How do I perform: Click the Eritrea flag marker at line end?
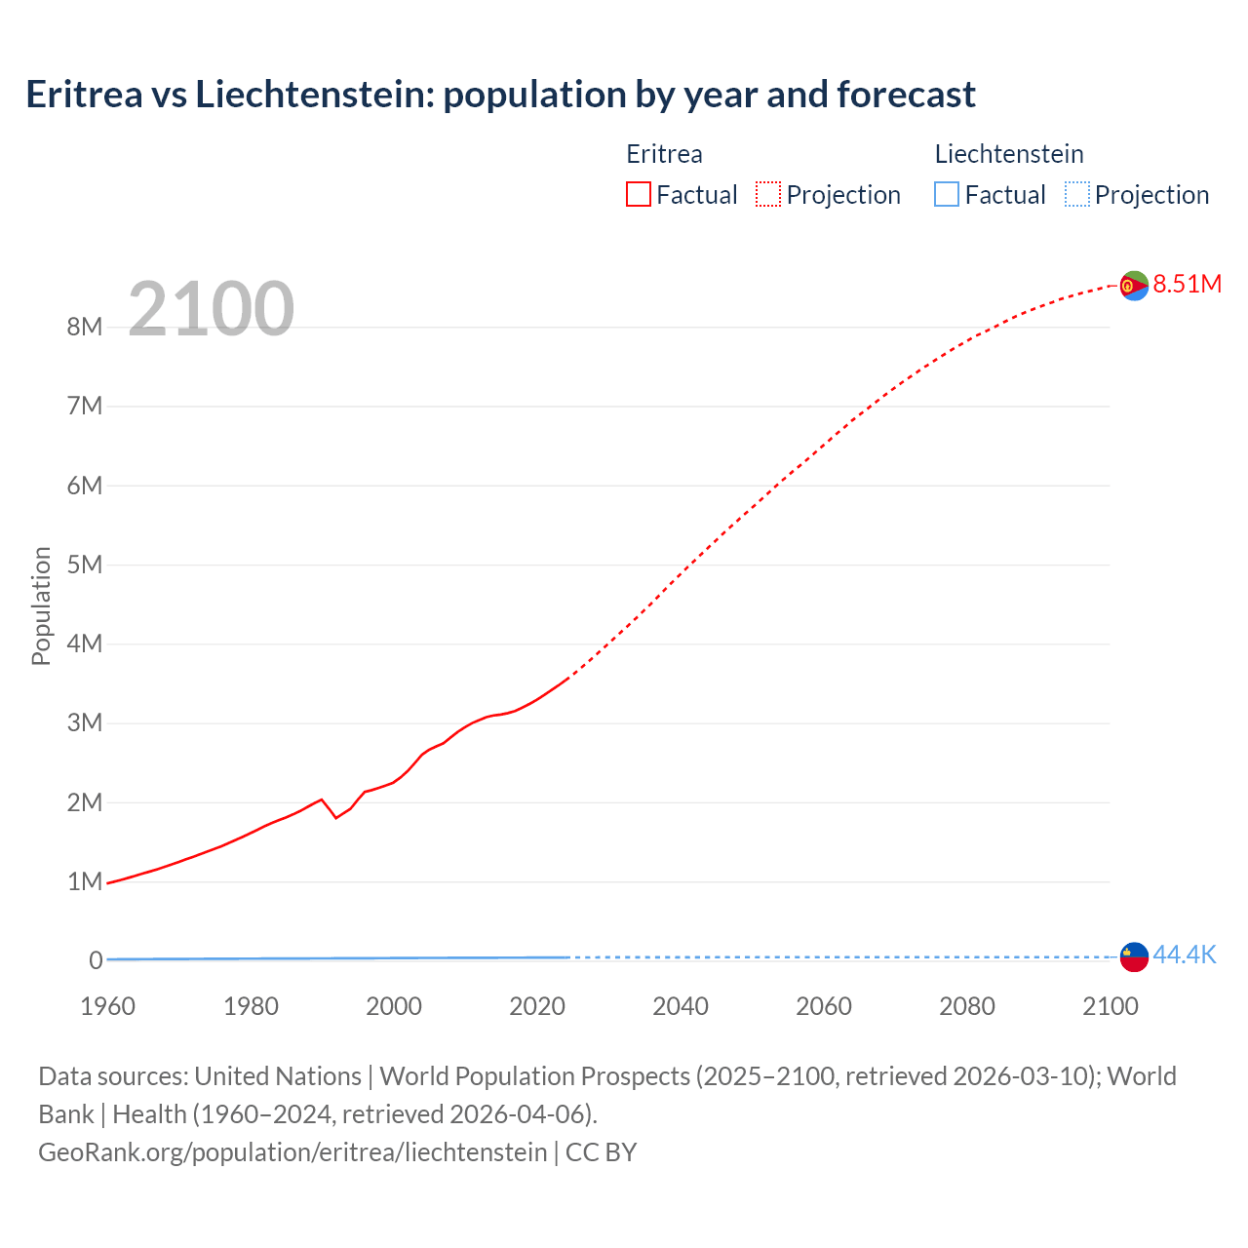(x=1133, y=285)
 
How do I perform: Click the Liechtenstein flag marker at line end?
(x=1133, y=956)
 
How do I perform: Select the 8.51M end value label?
(x=1187, y=284)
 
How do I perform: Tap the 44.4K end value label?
(x=1184, y=955)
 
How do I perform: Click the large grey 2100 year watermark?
(x=211, y=309)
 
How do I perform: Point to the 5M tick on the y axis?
(x=85, y=565)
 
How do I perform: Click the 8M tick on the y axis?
(x=85, y=327)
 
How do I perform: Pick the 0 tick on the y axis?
(x=96, y=960)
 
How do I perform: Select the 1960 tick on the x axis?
(x=107, y=1006)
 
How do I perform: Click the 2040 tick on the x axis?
(x=681, y=1006)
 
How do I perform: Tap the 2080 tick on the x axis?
(x=967, y=1006)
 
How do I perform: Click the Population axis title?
(x=41, y=605)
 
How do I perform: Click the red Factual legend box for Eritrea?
(x=639, y=194)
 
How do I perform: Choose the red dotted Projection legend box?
(x=768, y=194)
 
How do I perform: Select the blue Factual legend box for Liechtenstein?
(x=947, y=194)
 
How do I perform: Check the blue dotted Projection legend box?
(x=1076, y=194)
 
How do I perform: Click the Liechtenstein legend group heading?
(x=1009, y=154)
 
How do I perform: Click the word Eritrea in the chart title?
(x=83, y=95)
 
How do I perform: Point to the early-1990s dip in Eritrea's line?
(x=336, y=816)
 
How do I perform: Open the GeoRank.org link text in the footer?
(x=292, y=1151)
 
